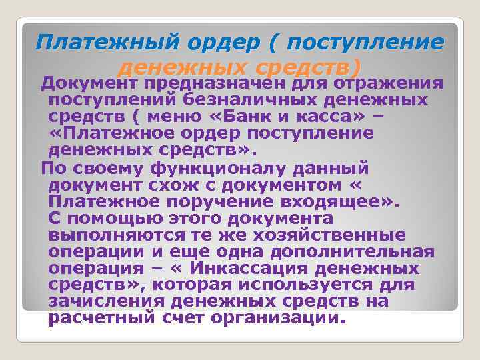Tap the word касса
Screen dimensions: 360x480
[316, 117]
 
